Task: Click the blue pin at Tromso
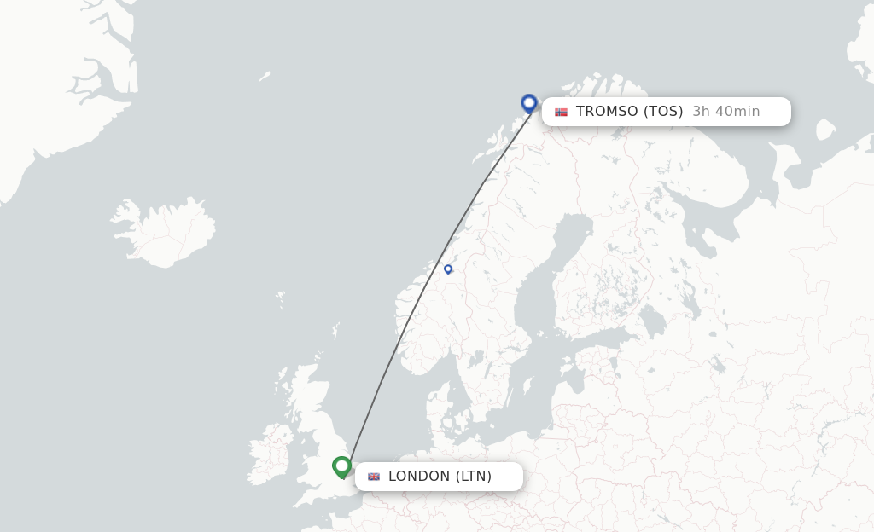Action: pyautogui.click(x=529, y=103)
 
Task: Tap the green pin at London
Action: pyautogui.click(x=342, y=465)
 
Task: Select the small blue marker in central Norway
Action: pyautogui.click(x=448, y=269)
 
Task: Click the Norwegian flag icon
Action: pyautogui.click(x=561, y=112)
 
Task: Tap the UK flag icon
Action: pyautogui.click(x=374, y=477)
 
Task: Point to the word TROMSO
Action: pyautogui.click(x=607, y=112)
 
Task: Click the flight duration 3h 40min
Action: pyautogui.click(x=725, y=112)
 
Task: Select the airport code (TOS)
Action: pyautogui.click(x=663, y=112)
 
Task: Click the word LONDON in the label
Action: pyautogui.click(x=419, y=477)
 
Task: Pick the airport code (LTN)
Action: pyautogui.click(x=474, y=477)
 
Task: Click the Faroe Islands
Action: pyautogui.click(x=281, y=299)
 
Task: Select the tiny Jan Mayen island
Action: pyautogui.click(x=265, y=76)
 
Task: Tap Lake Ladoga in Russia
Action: pyautogui.click(x=653, y=322)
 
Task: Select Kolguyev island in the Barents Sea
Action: pyautogui.click(x=824, y=130)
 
